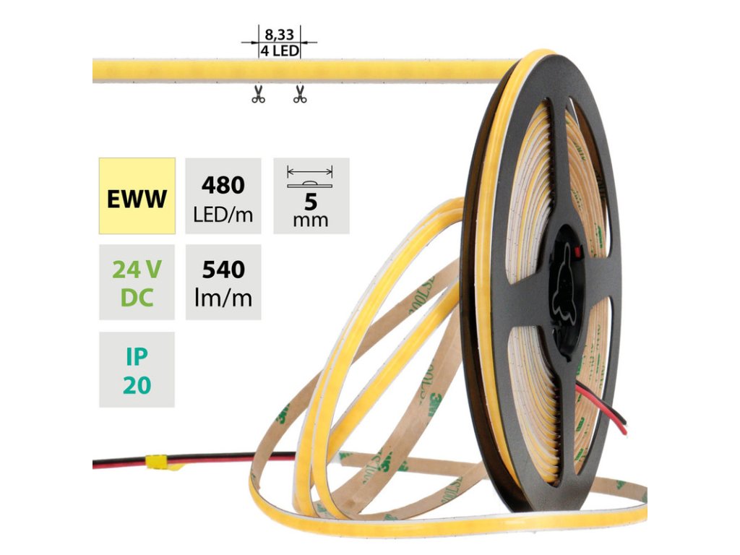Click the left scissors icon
pyautogui.click(x=258, y=95)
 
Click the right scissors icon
pyautogui.click(x=300, y=95)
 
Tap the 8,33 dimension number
pyautogui.click(x=280, y=34)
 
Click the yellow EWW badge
pyautogui.click(x=137, y=196)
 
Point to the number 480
pyautogui.click(x=223, y=186)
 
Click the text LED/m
pyautogui.click(x=223, y=214)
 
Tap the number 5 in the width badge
pyautogui.click(x=311, y=202)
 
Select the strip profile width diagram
pyautogui.click(x=311, y=178)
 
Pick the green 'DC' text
pyautogui.click(x=137, y=297)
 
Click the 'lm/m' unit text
pyautogui.click(x=223, y=297)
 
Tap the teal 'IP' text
pyautogui.click(x=137, y=356)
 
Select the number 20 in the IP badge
pyautogui.click(x=137, y=384)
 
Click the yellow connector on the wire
pyautogui.click(x=156, y=460)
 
